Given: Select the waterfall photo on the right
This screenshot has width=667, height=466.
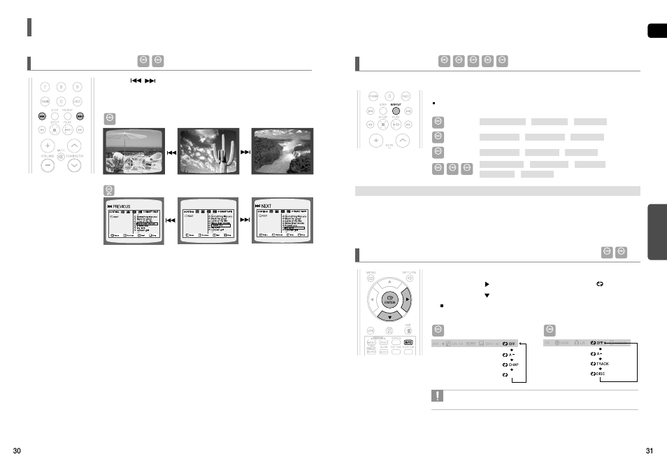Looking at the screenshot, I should [x=282, y=150].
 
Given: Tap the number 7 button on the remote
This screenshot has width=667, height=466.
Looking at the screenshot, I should [x=45, y=87].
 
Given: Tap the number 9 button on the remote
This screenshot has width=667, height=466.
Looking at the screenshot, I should [x=77, y=87].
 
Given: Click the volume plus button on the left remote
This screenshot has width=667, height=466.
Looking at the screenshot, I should [x=46, y=146].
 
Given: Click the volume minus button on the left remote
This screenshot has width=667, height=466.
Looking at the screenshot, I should [x=46, y=166].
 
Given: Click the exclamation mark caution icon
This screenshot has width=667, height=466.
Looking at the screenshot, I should [x=438, y=397].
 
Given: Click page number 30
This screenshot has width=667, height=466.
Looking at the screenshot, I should [x=17, y=450].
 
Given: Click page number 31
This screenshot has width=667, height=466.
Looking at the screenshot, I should [x=650, y=450].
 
